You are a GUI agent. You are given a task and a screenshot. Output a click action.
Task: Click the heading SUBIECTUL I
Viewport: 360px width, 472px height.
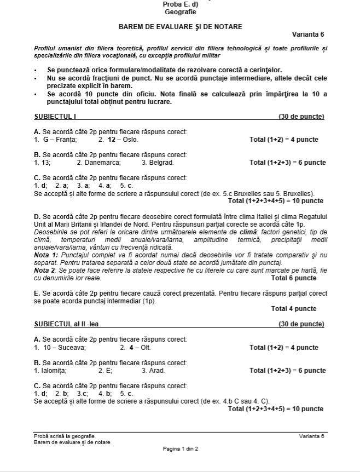55,117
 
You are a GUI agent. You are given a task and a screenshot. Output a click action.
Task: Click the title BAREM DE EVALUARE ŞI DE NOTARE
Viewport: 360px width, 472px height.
180,26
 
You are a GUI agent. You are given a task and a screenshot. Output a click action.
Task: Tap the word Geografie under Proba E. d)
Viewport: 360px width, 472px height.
180,12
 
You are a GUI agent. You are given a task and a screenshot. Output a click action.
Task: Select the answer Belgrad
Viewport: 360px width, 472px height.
161,163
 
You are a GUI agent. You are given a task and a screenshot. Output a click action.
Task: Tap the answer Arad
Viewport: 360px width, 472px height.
157,371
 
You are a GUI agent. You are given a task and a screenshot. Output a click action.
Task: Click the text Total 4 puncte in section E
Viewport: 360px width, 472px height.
294,309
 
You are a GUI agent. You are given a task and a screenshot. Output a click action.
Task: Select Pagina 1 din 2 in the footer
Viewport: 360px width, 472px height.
180,449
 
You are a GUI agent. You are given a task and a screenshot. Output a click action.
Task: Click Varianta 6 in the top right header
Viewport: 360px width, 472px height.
308,34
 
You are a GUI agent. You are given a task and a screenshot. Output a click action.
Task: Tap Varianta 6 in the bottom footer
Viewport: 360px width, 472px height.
312,436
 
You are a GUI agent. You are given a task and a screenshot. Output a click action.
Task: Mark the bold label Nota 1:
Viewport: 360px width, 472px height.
45,255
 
